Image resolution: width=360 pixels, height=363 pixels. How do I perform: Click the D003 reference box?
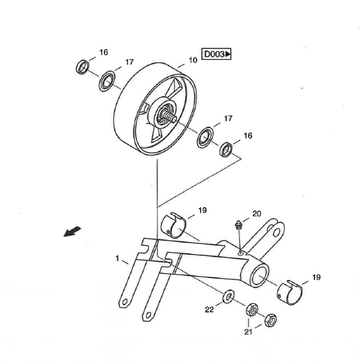[216, 54]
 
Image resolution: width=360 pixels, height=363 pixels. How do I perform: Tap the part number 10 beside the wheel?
[193, 60]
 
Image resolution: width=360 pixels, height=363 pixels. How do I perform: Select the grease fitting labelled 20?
[239, 225]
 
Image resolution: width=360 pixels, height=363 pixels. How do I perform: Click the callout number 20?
[257, 213]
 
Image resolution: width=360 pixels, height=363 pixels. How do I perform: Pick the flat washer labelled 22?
[229, 297]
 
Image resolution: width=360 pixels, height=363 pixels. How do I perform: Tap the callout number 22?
[209, 310]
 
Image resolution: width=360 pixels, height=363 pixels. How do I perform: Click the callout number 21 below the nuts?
[248, 331]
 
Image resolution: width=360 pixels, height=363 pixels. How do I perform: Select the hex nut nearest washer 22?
[252, 310]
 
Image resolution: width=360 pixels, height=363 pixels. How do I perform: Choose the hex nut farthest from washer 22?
[271, 320]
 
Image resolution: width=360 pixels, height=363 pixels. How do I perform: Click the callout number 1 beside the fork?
[117, 258]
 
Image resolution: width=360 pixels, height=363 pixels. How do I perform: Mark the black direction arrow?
[72, 231]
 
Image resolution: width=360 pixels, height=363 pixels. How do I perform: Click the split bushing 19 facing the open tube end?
[290, 293]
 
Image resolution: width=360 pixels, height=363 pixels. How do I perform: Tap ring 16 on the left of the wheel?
[83, 67]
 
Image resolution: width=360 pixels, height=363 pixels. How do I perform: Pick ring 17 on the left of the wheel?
[107, 81]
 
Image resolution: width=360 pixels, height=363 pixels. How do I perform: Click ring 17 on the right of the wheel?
[205, 138]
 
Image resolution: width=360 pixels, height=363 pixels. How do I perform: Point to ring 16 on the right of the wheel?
[226, 150]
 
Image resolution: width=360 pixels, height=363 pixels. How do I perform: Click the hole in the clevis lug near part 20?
[276, 232]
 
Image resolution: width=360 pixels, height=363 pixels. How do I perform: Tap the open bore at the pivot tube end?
[259, 276]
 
